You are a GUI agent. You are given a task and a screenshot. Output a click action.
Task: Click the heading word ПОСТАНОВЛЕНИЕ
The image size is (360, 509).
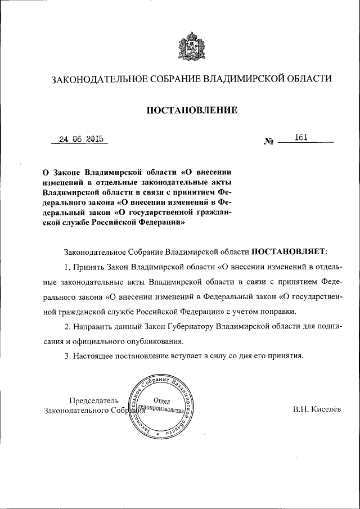[192, 110]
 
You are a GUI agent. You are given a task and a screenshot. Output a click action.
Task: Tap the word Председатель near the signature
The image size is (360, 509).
[94, 400]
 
